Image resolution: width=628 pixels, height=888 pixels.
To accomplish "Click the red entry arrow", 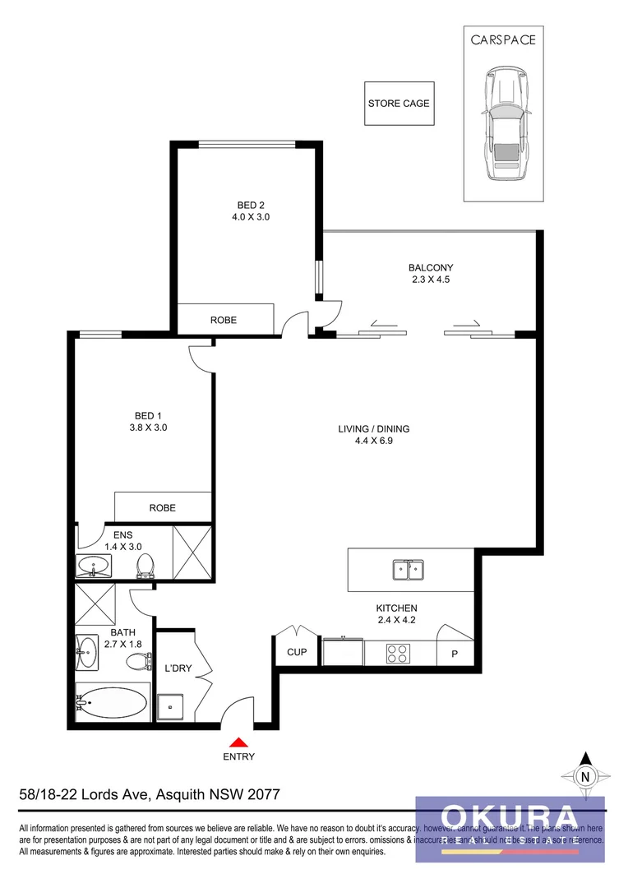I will pos(238,742).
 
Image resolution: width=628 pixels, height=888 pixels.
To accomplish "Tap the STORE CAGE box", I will pos(399,104).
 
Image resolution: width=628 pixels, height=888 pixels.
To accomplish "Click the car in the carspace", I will pos(504,124).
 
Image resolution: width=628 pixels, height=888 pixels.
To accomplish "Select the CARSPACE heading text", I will pos(503,39).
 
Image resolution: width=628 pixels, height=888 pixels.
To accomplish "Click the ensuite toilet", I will pos(145,566).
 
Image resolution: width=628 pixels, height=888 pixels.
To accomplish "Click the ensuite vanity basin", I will pos(93,567).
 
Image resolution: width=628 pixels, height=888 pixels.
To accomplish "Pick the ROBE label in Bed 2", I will pos(224,320).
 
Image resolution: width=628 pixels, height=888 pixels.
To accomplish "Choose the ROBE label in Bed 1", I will pos(162,508).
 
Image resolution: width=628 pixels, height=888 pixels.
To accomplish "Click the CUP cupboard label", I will pos(297,653).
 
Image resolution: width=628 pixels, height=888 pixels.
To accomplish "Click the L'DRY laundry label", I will pos(178,668).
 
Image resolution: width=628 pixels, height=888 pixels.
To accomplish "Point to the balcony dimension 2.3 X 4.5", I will pos(431,280).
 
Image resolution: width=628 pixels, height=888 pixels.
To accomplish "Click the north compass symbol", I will pos(585,775).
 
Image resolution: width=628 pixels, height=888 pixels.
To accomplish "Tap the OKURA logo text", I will pos(510,817).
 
